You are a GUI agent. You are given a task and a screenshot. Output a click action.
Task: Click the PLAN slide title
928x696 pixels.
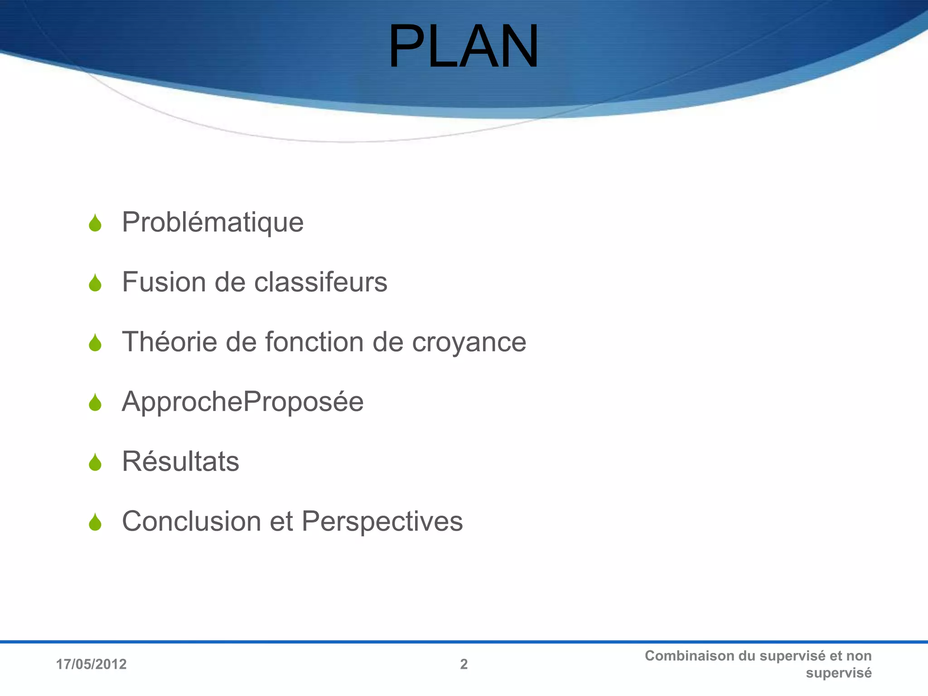tap(463, 47)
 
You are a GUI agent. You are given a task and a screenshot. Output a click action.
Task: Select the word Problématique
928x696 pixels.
tap(213, 222)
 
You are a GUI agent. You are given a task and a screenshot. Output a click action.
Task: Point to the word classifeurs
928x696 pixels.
tap(320, 282)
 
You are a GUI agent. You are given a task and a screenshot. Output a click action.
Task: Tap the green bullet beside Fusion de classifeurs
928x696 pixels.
tap(95, 283)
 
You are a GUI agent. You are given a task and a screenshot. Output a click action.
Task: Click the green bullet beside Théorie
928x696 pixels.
tap(95, 343)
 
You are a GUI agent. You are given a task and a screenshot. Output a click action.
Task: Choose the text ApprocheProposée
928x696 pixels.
tap(242, 402)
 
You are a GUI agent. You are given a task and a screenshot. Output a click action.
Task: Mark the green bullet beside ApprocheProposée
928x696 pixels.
tap(95, 403)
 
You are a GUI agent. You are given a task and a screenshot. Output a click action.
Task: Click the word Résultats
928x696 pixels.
tap(180, 461)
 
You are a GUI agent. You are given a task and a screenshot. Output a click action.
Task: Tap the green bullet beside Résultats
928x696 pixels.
tap(95, 463)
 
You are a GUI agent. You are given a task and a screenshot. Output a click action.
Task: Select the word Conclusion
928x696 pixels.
tap(192, 521)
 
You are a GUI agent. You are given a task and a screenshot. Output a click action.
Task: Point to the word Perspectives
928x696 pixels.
tap(382, 521)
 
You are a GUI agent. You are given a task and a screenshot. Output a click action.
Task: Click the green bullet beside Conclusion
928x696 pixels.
tap(95, 522)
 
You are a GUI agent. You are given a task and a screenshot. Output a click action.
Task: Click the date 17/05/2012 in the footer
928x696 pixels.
tap(91, 664)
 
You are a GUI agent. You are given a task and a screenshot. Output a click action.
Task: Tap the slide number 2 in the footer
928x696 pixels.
tap(464, 664)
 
